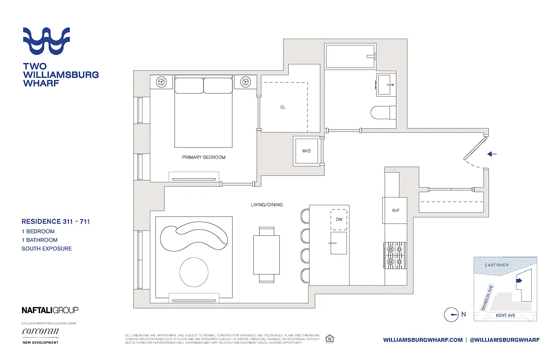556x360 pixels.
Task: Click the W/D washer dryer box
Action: [x=306, y=151]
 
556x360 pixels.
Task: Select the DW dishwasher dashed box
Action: [x=339, y=219]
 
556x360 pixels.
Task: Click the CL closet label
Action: [x=282, y=107]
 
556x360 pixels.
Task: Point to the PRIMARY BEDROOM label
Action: [x=203, y=157]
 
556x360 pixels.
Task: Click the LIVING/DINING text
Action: [x=267, y=205]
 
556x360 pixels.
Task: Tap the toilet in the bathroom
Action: [x=384, y=112]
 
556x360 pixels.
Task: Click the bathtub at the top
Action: [x=350, y=56]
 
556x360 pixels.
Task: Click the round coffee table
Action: [x=194, y=272]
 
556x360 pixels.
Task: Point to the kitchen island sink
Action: [x=339, y=243]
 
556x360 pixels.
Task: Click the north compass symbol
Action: [x=451, y=315]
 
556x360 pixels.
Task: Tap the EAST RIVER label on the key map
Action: [x=497, y=265]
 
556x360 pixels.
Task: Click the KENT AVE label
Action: [x=506, y=315]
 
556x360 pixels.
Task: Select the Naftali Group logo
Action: [x=50, y=310]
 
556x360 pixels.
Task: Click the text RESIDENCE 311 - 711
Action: [x=56, y=221]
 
